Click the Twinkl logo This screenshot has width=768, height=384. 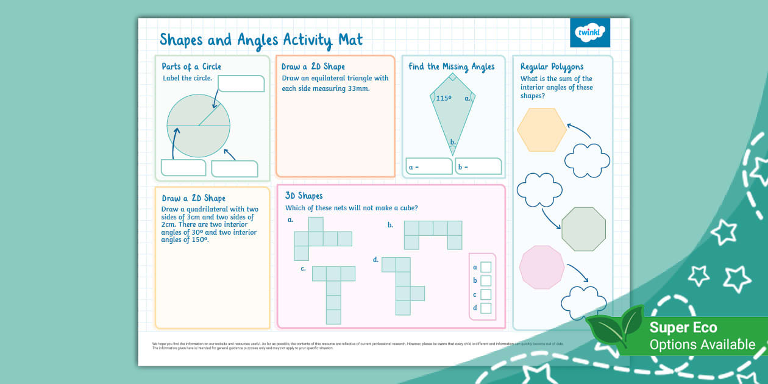click(589, 32)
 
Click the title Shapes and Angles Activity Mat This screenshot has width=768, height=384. click(261, 40)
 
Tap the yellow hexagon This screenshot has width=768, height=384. click(541, 129)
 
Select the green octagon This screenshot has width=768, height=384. click(583, 229)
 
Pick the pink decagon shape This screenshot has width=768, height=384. click(542, 266)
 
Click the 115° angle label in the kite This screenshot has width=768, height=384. click(444, 98)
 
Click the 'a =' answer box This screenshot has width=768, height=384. click(429, 166)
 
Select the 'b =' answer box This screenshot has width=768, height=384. click(478, 166)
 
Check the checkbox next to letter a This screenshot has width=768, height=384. click(486, 267)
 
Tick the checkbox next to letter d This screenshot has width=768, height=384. click(486, 308)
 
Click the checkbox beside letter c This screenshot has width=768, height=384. click(486, 294)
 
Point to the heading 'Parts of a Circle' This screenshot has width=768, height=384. click(191, 66)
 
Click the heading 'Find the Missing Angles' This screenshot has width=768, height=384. click(451, 66)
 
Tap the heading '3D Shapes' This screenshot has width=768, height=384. click(304, 196)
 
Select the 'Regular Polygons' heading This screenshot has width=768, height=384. click(552, 66)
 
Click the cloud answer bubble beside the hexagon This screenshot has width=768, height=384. click(587, 160)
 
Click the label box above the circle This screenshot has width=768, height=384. click(241, 84)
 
